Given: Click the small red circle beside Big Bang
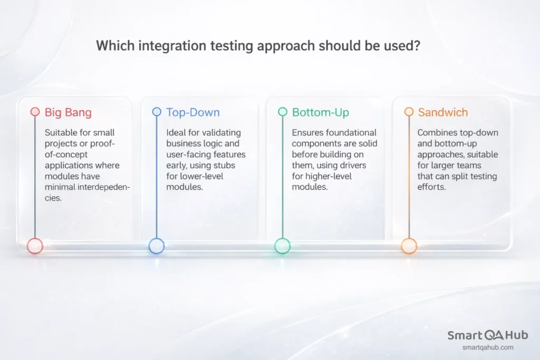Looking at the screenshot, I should [x=35, y=112].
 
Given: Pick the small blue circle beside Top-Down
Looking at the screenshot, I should [x=157, y=112].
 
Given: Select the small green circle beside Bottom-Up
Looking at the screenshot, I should [x=283, y=112].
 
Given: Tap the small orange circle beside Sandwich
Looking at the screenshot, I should [x=409, y=112].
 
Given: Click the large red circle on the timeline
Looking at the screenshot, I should [x=35, y=246].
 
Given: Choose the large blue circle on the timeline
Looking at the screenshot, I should [x=157, y=246].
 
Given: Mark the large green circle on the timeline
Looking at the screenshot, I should [x=283, y=246].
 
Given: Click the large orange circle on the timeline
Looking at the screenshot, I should [x=409, y=246].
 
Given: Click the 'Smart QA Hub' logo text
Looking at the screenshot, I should [x=487, y=336].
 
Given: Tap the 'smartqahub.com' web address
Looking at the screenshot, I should [x=487, y=347].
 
